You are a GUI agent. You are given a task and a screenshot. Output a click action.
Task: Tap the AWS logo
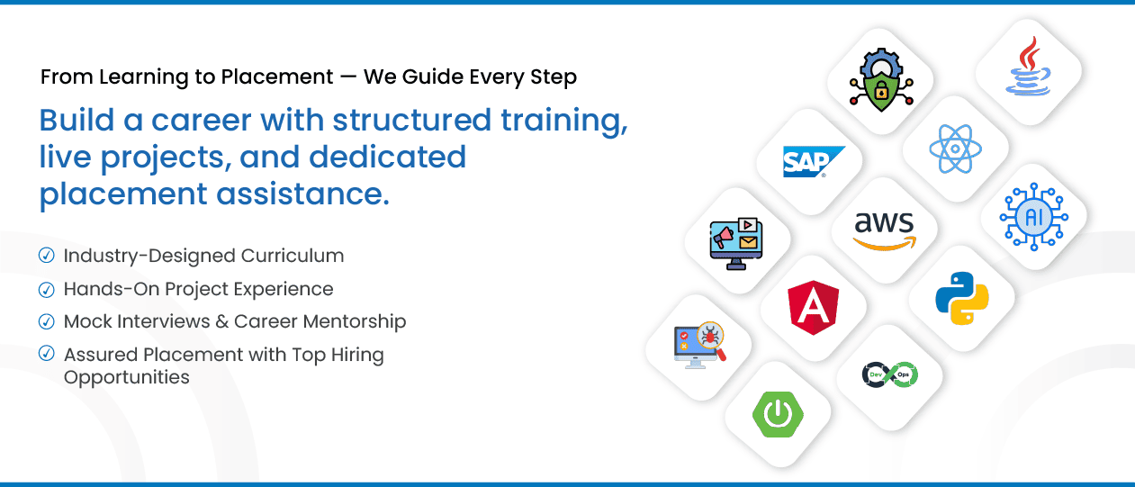884,230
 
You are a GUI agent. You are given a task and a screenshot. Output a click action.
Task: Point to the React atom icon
954,149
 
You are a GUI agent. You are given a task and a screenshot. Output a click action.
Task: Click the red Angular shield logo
813,307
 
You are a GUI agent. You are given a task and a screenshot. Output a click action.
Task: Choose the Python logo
961,298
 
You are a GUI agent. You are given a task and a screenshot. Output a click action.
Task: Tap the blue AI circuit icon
1033,217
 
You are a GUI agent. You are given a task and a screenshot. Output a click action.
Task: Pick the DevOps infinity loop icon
889,374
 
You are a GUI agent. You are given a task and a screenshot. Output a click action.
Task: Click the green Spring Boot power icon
778,414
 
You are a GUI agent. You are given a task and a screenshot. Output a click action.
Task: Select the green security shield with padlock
881,83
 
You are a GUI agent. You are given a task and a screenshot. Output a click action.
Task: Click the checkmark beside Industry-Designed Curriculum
47,256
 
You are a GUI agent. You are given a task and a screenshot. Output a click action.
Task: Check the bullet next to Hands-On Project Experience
47,289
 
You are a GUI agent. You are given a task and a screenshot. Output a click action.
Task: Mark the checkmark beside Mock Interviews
47,321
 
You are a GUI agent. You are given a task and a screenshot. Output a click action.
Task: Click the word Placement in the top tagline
278,77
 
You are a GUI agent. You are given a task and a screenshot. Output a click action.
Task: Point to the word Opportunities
126,377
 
